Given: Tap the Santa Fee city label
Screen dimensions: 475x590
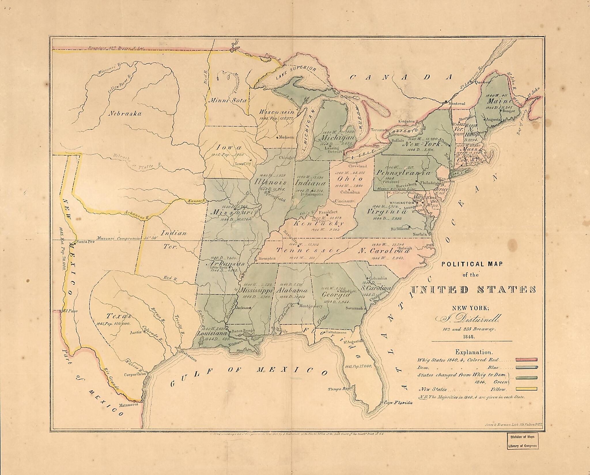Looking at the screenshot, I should point(86,242).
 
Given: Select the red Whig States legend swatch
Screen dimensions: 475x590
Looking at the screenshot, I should point(526,359).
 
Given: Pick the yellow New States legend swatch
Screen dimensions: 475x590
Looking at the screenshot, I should point(526,389).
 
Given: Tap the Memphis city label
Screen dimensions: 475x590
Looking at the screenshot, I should point(267,258).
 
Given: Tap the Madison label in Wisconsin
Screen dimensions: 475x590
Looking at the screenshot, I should point(286,137).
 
